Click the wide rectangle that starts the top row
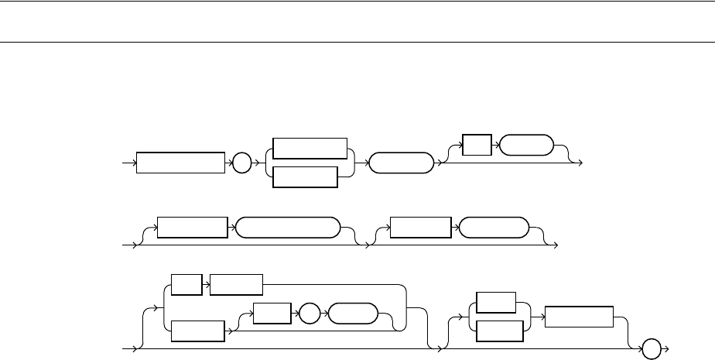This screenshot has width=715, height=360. tap(180, 163)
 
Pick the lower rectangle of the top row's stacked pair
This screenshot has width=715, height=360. tap(306, 177)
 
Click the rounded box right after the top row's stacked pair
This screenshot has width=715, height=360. tap(402, 163)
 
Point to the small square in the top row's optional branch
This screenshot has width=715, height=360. tap(476, 146)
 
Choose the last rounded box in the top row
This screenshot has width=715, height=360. tap(526, 146)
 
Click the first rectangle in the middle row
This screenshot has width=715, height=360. tap(193, 228)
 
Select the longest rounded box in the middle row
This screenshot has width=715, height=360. tap(287, 228)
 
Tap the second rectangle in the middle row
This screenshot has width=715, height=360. tap(420, 228)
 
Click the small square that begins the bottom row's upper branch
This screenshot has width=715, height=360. tap(186, 285)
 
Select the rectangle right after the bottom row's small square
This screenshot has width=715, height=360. tap(236, 285)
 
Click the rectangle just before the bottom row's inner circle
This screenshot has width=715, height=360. tap(270, 315)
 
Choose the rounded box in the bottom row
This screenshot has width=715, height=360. tap(352, 315)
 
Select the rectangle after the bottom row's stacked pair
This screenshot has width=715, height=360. tap(579, 317)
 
